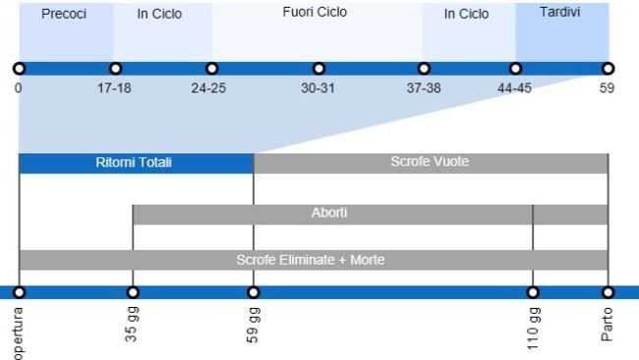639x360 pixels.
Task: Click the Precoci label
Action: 64,14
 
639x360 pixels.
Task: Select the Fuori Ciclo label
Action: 315,13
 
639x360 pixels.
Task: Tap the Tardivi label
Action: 559,13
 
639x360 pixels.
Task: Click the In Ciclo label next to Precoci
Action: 159,14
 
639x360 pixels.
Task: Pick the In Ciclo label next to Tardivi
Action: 466,14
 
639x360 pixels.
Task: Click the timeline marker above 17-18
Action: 115,69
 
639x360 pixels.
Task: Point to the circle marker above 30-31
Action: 319,69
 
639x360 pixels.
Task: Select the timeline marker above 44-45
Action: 515,69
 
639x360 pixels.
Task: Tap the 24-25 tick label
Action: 208,88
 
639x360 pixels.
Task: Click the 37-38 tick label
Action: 424,88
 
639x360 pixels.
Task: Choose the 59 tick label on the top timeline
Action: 608,88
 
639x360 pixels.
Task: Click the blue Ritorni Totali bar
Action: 135,163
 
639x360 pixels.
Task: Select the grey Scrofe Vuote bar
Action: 430,163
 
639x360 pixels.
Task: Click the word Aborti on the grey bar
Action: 329,213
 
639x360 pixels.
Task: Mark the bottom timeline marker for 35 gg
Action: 133,292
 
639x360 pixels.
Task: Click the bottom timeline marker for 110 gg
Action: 533,292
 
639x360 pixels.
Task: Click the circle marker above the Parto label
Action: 608,292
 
